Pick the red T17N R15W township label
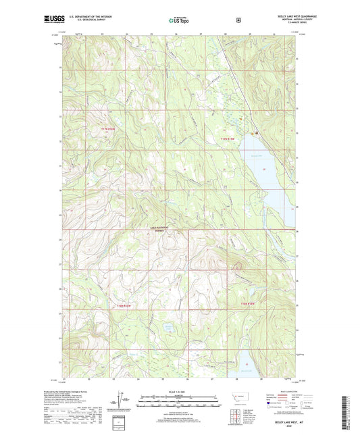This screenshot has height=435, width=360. (x=231, y=138)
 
